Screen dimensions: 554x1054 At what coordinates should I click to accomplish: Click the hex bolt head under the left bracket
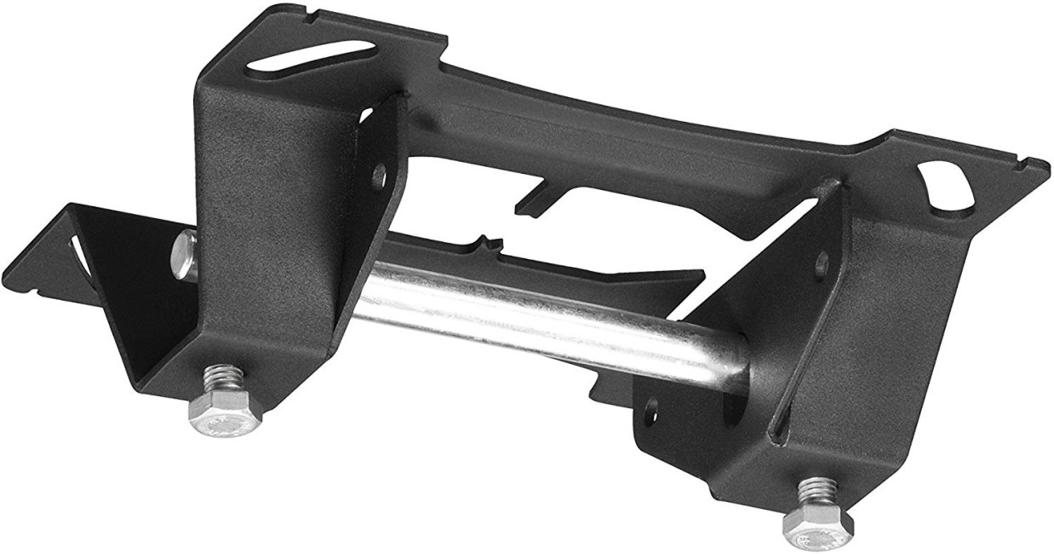click(x=222, y=415)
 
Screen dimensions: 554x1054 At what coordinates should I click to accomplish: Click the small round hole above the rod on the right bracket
click(x=822, y=263)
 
